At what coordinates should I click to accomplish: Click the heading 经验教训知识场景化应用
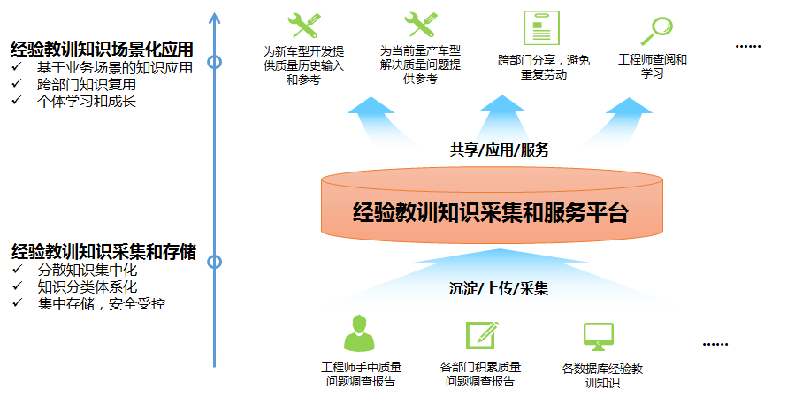[x=102, y=48]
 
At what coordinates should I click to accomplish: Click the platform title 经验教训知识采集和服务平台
[x=490, y=212]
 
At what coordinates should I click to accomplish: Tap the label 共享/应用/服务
[x=499, y=149]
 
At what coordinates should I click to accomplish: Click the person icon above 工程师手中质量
[x=359, y=332]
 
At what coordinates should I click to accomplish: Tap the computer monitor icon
[x=599, y=336]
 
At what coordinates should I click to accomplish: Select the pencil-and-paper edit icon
[x=483, y=334]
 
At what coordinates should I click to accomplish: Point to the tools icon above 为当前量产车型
[x=421, y=27]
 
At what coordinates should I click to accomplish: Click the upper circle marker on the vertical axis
[x=214, y=62]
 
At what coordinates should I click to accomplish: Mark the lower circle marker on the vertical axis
[x=214, y=262]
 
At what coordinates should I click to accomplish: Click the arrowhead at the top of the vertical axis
[x=214, y=16]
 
